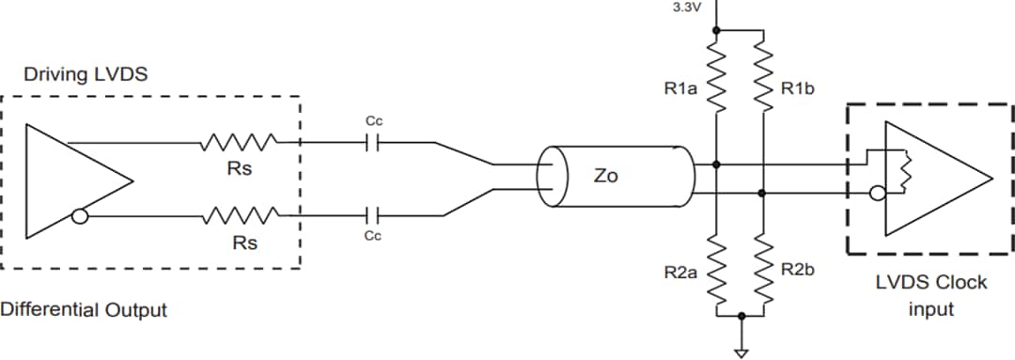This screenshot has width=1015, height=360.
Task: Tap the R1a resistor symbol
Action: (x=716, y=84)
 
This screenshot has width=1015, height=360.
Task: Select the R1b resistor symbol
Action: (x=762, y=84)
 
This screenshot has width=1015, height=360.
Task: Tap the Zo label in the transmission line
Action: (x=606, y=176)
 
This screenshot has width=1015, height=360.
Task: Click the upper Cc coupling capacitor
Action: (x=372, y=143)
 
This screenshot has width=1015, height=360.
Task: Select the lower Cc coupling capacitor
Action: (x=372, y=215)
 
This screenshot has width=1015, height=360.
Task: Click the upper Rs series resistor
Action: (x=238, y=143)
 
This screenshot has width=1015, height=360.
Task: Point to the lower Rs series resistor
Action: (x=238, y=217)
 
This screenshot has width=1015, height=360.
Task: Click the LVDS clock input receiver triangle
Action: (x=940, y=179)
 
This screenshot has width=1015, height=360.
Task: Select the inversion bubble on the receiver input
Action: (x=877, y=195)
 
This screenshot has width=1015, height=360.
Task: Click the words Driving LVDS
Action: (x=86, y=74)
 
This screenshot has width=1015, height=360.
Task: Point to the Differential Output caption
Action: (x=84, y=308)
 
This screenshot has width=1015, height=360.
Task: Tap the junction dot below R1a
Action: (x=716, y=164)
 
